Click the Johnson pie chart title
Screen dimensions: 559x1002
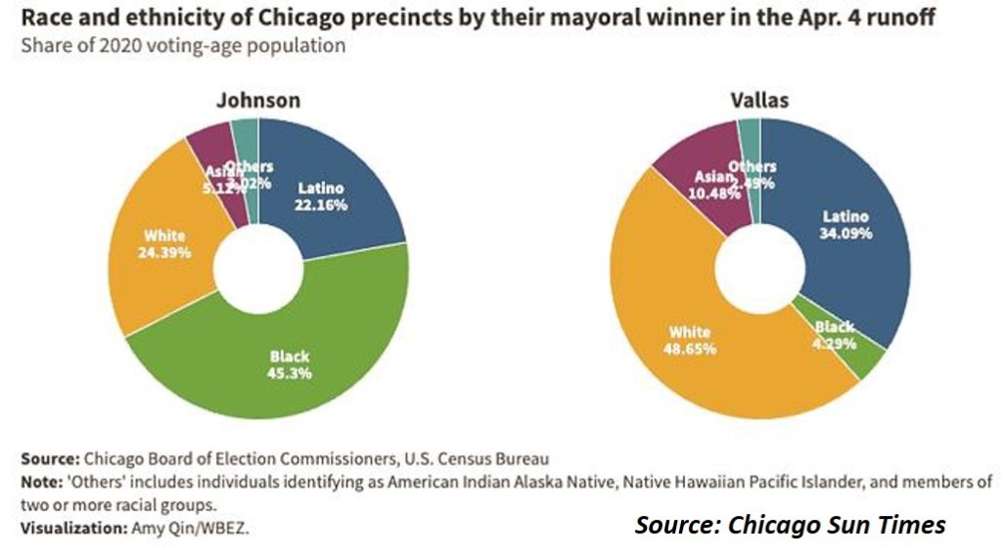click(x=258, y=100)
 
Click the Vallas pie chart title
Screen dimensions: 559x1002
click(x=759, y=100)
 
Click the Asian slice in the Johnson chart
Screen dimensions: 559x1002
click(x=210, y=157)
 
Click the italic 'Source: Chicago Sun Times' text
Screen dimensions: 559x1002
click(x=791, y=525)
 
